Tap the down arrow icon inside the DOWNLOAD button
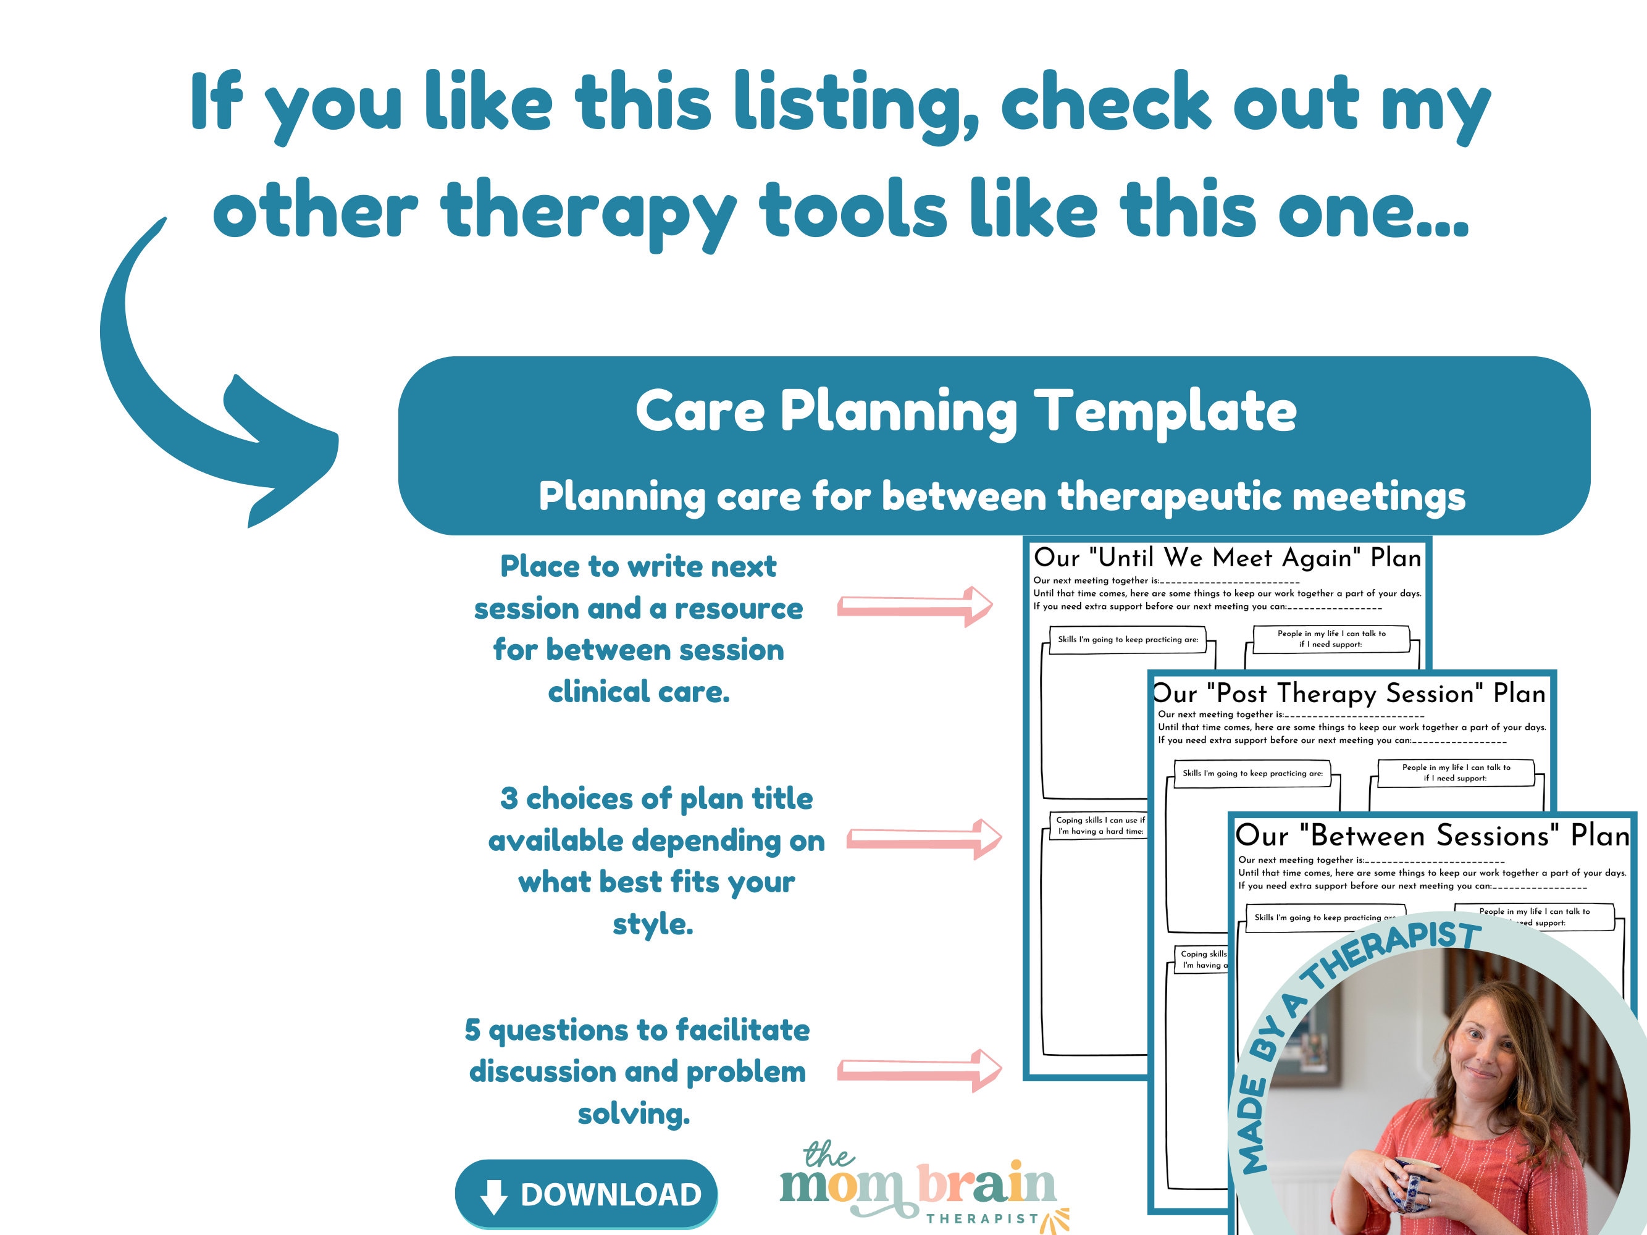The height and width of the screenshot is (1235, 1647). [x=493, y=1196]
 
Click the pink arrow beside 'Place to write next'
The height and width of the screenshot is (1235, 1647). [x=915, y=606]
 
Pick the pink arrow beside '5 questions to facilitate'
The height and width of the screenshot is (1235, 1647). [x=920, y=1071]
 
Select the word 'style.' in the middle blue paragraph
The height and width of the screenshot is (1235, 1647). [x=652, y=924]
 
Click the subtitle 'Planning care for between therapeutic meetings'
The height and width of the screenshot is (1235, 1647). [x=1002, y=496]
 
